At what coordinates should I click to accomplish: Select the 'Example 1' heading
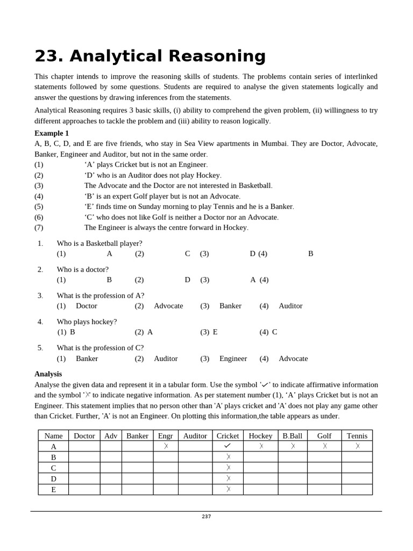point(52,133)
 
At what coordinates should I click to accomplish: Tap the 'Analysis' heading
point(48,373)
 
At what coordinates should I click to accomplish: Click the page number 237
point(206,517)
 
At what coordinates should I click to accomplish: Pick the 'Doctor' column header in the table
point(84,436)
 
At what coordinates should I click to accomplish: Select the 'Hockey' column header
point(260,436)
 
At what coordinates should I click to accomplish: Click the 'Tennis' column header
point(357,436)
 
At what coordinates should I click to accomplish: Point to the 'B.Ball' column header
point(293,436)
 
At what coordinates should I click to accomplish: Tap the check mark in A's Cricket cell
point(227,446)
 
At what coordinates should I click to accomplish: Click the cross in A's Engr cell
point(166,446)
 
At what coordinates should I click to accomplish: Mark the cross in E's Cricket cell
point(228,489)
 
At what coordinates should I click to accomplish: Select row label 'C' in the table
point(53,468)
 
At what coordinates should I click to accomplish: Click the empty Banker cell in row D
point(137,478)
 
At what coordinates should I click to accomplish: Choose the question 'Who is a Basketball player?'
point(99,243)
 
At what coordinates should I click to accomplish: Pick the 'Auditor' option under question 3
point(290,306)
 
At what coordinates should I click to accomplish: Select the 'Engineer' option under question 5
point(233,358)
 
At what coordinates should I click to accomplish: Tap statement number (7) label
point(39,228)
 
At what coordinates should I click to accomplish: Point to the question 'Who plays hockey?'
point(87,322)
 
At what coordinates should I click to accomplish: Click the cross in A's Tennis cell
point(357,446)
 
